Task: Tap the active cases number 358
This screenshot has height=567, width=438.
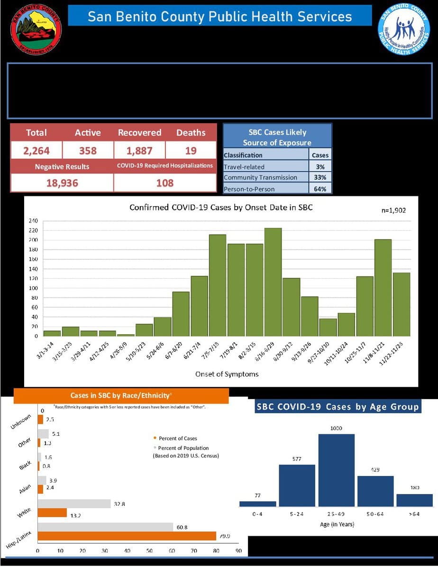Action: pos(88,151)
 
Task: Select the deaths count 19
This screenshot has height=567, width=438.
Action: pos(191,151)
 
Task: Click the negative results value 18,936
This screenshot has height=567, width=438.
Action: pos(62,183)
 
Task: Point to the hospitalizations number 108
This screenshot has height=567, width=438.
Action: pos(165,183)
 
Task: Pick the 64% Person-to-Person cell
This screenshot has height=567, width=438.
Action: pos(320,189)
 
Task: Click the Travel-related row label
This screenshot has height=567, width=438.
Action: pos(245,166)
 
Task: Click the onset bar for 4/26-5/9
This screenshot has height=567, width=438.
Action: pos(126,335)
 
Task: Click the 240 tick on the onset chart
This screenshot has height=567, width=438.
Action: pos(33,221)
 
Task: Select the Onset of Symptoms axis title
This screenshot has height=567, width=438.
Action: pos(227,374)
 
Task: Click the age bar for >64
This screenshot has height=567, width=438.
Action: pos(414,500)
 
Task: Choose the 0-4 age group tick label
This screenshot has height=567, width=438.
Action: pos(257,514)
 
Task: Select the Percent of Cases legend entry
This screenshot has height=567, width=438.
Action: pos(178,438)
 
